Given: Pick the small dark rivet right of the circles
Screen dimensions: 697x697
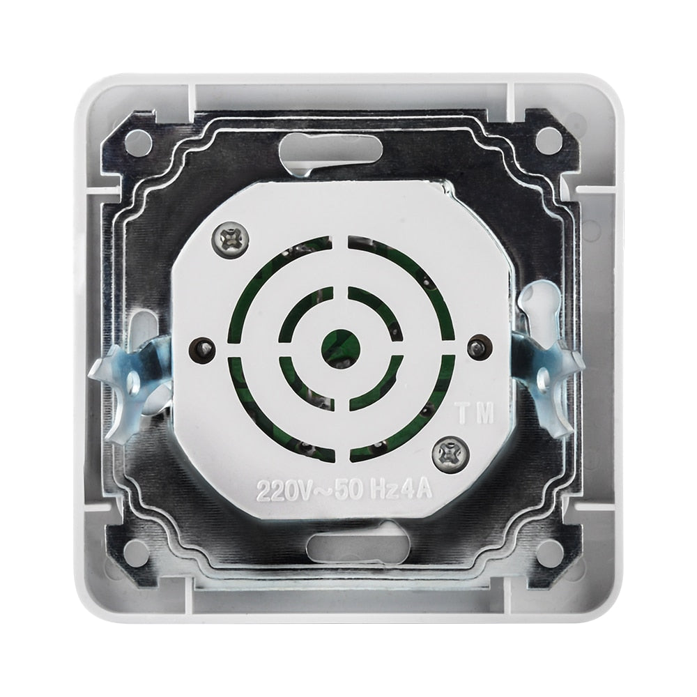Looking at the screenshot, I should pos(477,346).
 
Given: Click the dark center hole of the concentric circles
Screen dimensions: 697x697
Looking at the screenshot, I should pos(342,343).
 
